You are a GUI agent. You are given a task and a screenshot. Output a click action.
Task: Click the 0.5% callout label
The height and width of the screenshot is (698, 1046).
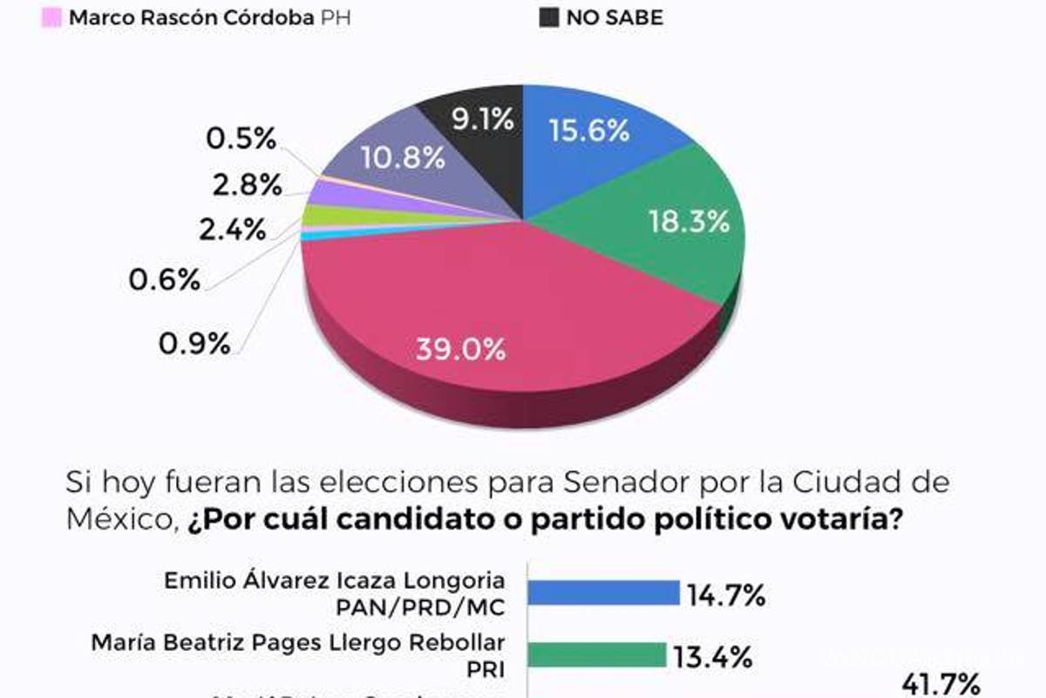click(241, 139)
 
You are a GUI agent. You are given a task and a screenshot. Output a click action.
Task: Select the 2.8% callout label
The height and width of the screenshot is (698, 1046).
click(247, 185)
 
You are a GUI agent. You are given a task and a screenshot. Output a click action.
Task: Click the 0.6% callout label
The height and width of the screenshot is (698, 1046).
click(166, 280)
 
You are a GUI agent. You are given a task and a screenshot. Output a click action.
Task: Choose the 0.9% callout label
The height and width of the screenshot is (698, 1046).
click(194, 343)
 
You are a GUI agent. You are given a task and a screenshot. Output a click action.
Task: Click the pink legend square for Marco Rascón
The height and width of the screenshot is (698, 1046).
click(51, 17)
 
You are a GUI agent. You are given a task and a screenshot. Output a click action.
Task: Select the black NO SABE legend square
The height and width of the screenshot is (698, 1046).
click(548, 17)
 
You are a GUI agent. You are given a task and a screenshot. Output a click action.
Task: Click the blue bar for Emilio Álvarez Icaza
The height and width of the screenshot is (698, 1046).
click(602, 593)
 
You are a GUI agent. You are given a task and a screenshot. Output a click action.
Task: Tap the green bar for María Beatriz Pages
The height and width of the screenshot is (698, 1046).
click(596, 655)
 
